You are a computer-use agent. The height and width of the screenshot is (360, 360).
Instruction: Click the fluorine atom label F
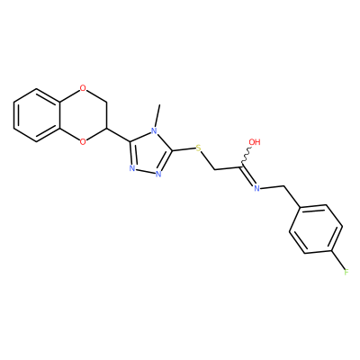[346, 272]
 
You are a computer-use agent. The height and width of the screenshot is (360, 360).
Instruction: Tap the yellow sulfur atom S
[198, 148]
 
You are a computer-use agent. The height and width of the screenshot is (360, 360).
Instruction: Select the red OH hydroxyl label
[255, 142]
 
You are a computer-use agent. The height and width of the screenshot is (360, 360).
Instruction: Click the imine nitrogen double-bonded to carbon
[256, 188]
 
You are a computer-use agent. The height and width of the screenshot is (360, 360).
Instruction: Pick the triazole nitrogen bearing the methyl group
[154, 130]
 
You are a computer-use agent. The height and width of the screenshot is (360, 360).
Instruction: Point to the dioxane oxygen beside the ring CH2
[83, 88]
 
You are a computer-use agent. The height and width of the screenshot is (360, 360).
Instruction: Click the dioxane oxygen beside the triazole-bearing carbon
[83, 141]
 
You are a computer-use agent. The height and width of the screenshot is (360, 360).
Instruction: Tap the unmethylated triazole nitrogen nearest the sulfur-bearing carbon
[158, 174]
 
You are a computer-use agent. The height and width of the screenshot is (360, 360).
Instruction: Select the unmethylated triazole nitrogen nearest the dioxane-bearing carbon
[131, 168]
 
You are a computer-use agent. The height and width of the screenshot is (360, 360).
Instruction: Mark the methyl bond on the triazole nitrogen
[157, 116]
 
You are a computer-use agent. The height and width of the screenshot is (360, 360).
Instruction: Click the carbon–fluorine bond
[337, 259]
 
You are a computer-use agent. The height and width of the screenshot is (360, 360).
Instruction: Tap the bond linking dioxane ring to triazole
[118, 135]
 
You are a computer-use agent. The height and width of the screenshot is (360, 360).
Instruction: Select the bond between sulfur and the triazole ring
[184, 149]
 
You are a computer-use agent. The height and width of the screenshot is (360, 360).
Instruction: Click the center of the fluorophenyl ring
[316, 229]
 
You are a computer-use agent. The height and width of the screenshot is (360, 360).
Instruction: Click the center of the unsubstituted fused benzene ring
[37, 115]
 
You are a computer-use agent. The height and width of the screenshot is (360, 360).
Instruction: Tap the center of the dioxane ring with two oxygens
[83, 115]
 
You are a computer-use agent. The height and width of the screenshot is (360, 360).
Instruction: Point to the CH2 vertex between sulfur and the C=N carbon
[215, 170]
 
